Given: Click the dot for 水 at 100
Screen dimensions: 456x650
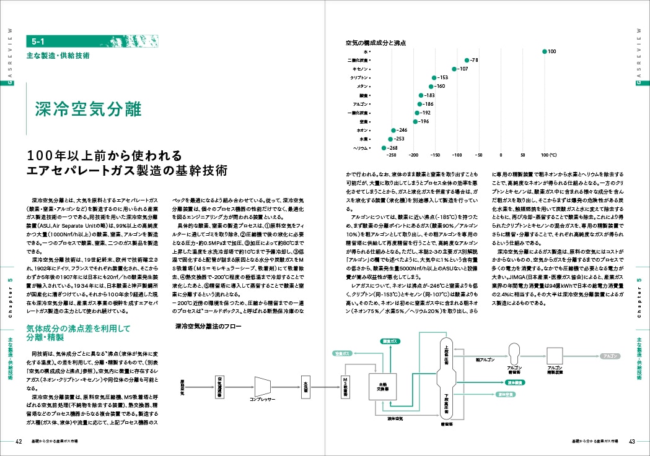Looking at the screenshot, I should coord(544,51).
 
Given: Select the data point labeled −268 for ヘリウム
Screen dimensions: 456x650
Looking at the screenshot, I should coord(384,148).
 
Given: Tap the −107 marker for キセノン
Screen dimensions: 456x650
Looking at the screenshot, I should coord(454,69).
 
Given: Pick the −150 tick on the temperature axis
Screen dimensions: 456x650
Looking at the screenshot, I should coord(435,155).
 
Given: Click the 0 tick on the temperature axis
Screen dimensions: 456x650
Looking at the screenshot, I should coord(501,155).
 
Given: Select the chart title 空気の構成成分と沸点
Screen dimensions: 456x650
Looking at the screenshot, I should coord(376,43).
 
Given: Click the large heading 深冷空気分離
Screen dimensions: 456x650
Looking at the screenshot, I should coord(88,110).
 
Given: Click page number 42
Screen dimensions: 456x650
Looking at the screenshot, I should coord(19,441).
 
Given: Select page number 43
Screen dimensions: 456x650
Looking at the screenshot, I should coord(631,441).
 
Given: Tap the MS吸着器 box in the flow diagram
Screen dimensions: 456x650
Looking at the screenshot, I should coord(346,385).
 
